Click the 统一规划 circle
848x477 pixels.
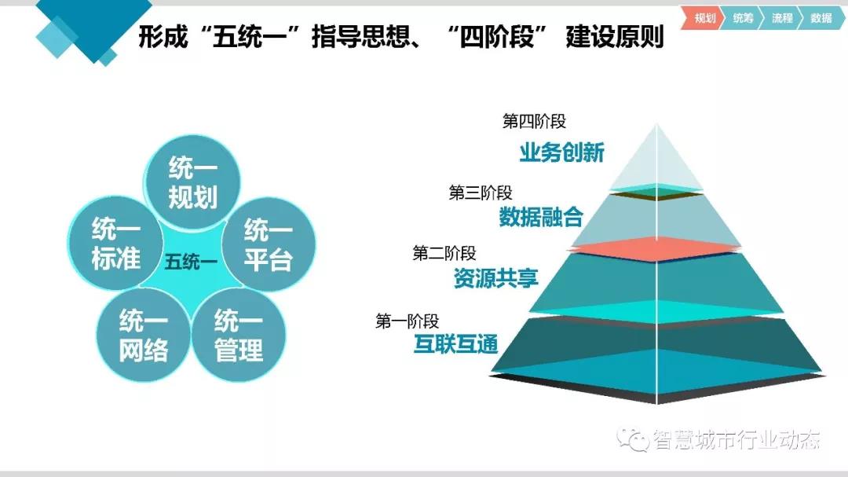point(192,182)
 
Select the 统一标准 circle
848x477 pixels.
point(115,243)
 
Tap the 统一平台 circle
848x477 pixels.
point(269,244)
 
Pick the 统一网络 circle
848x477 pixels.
point(144,335)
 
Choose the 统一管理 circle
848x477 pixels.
point(239,335)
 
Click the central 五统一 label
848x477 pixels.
point(191,262)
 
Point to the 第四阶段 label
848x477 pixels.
point(534,121)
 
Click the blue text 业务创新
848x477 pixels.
point(562,152)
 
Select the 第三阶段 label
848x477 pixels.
point(481,193)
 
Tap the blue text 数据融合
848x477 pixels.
point(541,217)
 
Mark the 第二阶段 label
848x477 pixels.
point(444,253)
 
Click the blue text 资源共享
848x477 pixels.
point(496,277)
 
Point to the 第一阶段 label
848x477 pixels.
point(408,321)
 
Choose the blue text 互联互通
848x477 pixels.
point(456,344)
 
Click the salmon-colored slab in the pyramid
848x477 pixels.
point(656,249)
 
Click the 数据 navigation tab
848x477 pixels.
point(821,18)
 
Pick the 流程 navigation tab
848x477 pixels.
point(781,18)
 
